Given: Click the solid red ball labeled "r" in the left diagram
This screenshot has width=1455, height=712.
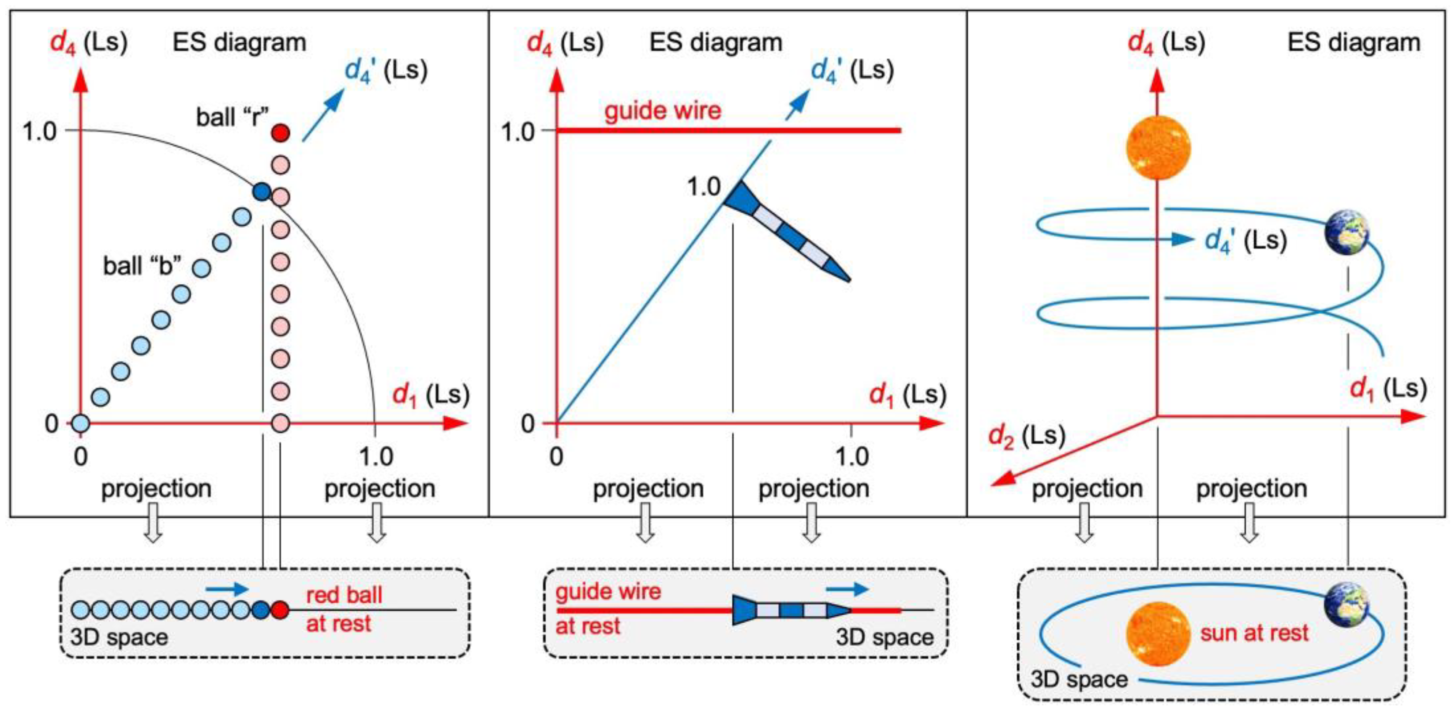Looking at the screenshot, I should (x=281, y=133).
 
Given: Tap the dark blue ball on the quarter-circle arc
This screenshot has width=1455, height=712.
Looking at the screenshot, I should (x=261, y=192).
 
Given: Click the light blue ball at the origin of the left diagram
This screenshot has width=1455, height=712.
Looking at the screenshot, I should (x=80, y=423).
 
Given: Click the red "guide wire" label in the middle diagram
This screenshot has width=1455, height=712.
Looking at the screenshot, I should (x=663, y=110).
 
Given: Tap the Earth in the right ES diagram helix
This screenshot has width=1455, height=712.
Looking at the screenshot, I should (x=1347, y=232).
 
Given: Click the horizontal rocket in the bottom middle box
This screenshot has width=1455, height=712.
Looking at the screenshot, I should (x=791, y=610).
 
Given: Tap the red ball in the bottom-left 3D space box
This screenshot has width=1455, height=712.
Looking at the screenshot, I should (x=280, y=610).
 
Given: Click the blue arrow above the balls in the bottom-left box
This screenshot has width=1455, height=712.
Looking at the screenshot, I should (x=227, y=589).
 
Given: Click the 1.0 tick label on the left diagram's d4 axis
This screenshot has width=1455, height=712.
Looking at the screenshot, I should (x=40, y=132).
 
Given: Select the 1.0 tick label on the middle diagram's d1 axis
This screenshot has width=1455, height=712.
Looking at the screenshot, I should (x=852, y=456).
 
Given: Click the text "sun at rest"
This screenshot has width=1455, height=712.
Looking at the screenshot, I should (x=1254, y=633).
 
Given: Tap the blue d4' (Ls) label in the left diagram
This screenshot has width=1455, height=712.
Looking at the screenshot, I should (x=386, y=71).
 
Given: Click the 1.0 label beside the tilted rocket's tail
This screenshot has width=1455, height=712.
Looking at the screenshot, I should (x=704, y=186).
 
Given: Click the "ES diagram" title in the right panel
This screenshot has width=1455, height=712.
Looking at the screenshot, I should (x=1354, y=42).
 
